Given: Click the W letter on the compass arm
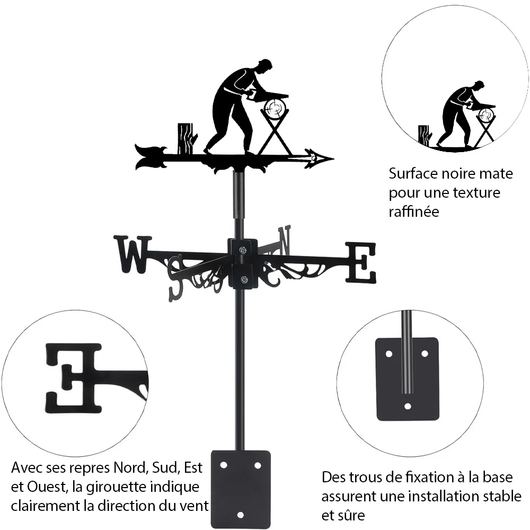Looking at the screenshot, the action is tap(132, 254).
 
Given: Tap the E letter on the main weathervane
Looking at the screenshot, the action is tap(360, 263).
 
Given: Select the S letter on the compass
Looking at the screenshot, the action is tap(177, 279).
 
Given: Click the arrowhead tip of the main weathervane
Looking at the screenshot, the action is tap(333, 158).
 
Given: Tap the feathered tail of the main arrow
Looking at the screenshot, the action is tap(150, 157).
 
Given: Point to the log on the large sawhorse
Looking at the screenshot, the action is tap(275, 108).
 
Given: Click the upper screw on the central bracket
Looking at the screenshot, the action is tap(242, 250).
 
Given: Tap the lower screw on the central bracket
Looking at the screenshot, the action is tap(243, 279).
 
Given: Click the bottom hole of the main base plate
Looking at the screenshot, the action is tap(240, 515).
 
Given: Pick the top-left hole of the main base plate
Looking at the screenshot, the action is tap(223, 465).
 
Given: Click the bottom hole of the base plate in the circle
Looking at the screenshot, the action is tap(408, 406).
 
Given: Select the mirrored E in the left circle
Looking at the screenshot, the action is tap(73, 378).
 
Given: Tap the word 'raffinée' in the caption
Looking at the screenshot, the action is tap(414, 212).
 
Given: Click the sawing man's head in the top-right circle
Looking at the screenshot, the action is tap(479, 86).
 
